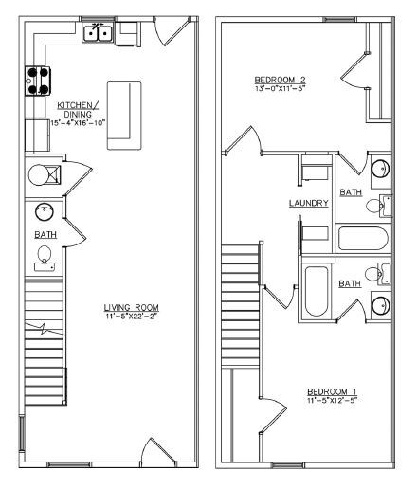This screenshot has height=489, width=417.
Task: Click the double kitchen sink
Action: (99, 35)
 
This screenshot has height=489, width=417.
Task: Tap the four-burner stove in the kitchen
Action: (38, 81)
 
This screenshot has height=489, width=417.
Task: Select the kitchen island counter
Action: (124, 115)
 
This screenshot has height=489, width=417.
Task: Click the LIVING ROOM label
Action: (132, 307)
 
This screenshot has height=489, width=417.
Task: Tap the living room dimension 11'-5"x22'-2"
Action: (132, 317)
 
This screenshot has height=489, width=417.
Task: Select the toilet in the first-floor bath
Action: (45, 255)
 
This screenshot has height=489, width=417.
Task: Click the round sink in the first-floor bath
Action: (45, 210)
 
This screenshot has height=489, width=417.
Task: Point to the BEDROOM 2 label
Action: (281, 79)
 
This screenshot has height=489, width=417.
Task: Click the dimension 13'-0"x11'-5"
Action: (281, 89)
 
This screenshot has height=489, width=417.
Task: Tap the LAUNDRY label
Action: (309, 203)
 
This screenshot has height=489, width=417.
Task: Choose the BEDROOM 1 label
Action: (332, 390)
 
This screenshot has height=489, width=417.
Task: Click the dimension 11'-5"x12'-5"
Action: (332, 401)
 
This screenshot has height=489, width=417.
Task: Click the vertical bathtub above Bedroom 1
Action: (317, 292)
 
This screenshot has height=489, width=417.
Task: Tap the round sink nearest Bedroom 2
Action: (379, 170)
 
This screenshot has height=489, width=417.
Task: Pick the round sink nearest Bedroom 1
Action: (380, 306)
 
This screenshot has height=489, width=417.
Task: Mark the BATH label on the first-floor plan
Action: (45, 234)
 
